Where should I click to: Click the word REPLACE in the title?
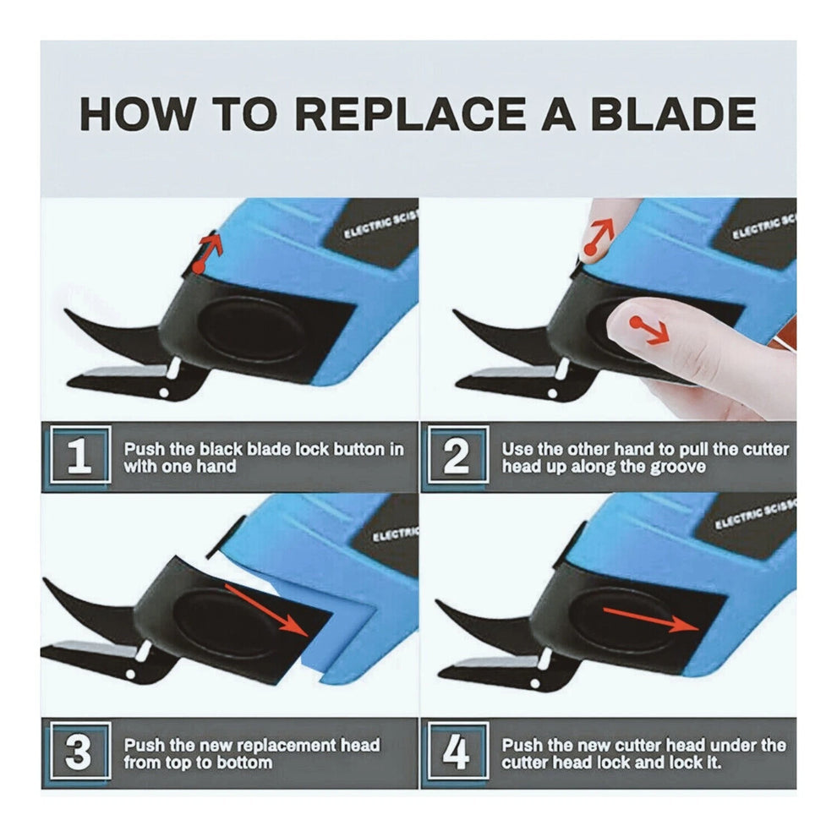410,113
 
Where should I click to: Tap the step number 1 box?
79,456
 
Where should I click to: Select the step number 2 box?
457,456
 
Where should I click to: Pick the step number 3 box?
79,751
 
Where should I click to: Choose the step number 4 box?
457,751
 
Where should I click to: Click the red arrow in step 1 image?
208,253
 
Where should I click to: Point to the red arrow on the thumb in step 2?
649,331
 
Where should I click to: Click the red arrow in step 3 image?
267,609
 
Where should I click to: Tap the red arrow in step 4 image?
651,618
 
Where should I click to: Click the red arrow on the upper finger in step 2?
599,237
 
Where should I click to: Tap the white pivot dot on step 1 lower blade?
164,393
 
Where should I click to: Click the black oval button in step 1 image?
250,330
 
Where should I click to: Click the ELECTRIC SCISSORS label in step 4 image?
754,515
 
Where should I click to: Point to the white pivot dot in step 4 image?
535,684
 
